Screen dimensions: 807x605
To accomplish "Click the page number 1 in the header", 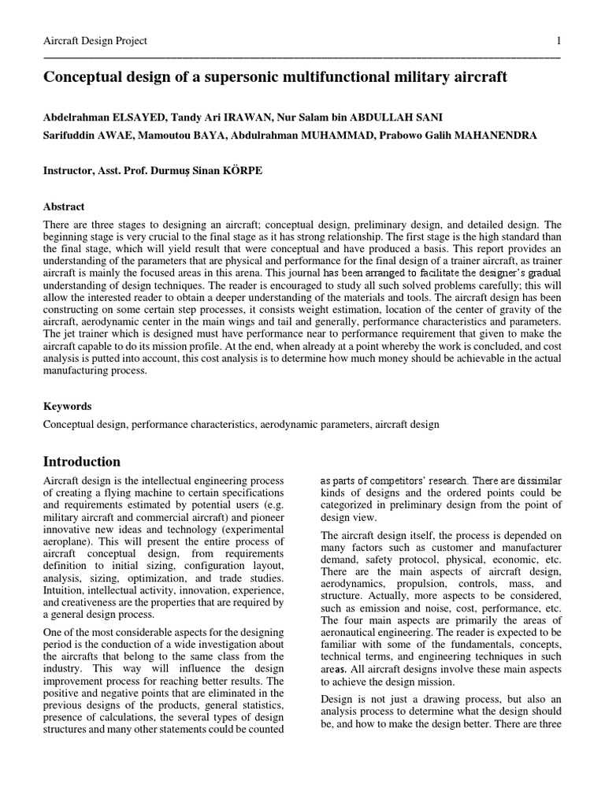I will pos(558,41).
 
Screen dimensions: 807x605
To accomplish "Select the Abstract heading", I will pos(64,206).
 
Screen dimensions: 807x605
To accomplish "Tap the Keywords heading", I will pos(67,407).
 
